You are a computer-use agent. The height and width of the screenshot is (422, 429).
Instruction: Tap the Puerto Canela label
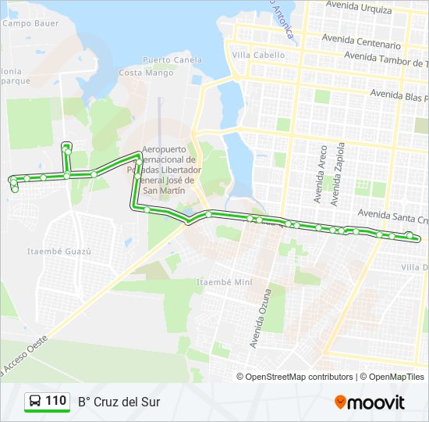pos(172,59)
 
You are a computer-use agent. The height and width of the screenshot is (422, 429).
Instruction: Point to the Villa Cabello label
pos(258,55)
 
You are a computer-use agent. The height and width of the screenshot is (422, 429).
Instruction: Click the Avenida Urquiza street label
pos(360,7)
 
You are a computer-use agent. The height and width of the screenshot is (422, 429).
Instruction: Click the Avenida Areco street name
pos(320,173)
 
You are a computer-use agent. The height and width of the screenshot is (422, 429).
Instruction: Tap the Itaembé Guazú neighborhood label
pos(59,252)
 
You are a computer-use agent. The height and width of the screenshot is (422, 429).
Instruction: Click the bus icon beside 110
pos(35,402)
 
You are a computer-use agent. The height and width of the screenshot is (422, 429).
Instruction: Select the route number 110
pos(55,401)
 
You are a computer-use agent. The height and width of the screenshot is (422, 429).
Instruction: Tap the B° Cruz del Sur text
pos(119,402)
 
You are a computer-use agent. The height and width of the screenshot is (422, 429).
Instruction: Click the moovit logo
pos(369,402)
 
